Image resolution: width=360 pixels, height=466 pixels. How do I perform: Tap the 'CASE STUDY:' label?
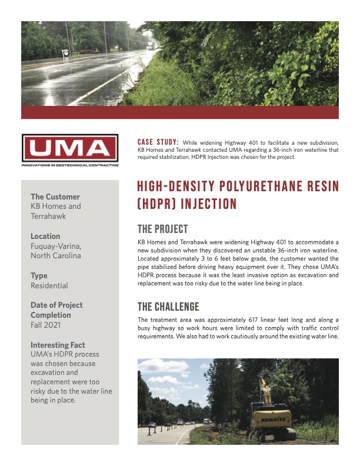pyautogui.click(x=158, y=142)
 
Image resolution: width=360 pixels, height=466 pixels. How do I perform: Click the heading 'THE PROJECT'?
pyautogui.click(x=162, y=229)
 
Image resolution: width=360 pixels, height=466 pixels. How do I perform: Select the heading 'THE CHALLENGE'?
pyautogui.click(x=168, y=307)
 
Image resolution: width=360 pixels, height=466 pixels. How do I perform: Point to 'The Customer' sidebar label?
pyautogui.click(x=55, y=197)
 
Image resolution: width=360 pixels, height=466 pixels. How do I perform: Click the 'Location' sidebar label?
pyautogui.click(x=45, y=236)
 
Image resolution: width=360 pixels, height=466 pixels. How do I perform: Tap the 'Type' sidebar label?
pyautogui.click(x=39, y=275)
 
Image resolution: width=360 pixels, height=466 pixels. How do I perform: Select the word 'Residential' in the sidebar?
pyautogui.click(x=49, y=285)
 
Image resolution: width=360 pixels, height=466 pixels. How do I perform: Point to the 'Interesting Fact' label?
pyautogui.click(x=58, y=345)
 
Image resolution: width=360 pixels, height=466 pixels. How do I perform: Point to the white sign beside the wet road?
pyautogui.click(x=65, y=52)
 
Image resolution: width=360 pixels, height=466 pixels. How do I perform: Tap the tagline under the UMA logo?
pyautogui.click(x=69, y=165)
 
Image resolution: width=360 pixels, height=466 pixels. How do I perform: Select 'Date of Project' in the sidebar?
pyautogui.click(x=56, y=305)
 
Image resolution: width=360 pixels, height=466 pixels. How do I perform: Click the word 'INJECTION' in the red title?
pyautogui.click(x=209, y=204)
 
